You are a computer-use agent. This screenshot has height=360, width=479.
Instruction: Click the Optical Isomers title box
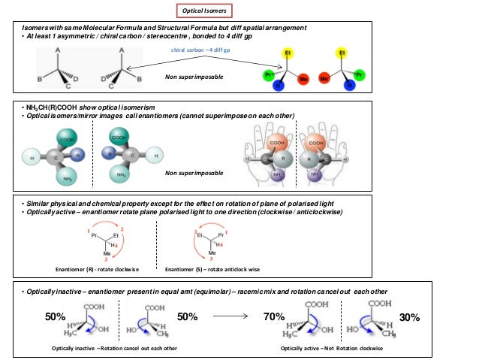tap(206, 11)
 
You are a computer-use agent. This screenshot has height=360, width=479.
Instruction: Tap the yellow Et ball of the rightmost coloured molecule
tap(342, 54)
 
